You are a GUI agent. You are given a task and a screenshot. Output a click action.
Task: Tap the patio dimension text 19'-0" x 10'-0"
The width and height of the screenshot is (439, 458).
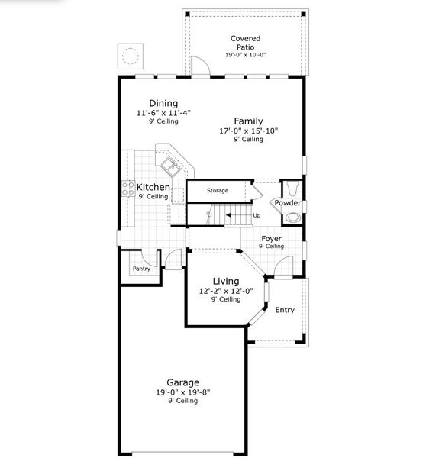(x=245, y=56)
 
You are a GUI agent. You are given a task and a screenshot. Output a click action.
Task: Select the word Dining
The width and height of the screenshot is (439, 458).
(x=163, y=103)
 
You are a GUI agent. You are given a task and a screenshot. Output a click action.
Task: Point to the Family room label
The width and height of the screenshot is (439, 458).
(x=248, y=121)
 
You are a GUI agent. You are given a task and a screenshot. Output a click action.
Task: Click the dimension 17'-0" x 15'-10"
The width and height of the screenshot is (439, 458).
(x=248, y=131)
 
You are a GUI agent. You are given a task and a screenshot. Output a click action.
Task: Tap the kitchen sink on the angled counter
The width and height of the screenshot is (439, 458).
(x=171, y=163)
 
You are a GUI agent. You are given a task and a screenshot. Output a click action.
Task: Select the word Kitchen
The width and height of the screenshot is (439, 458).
(x=153, y=187)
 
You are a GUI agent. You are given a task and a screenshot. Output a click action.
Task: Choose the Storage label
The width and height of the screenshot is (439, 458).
(x=218, y=190)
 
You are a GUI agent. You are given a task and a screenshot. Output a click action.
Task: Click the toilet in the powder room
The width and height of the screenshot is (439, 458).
(x=292, y=189)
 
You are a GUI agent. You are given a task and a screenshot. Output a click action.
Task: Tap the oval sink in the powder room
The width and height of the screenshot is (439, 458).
(x=292, y=217)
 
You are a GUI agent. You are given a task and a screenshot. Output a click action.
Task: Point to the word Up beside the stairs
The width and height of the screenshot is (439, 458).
(x=257, y=215)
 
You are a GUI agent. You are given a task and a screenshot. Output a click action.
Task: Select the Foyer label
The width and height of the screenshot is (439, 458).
(x=271, y=238)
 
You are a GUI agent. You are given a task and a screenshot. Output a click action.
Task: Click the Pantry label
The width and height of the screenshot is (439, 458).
(x=141, y=269)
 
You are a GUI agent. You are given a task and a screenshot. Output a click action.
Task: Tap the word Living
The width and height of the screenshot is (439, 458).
(x=225, y=281)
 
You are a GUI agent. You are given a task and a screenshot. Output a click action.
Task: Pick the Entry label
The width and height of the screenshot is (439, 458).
(x=284, y=310)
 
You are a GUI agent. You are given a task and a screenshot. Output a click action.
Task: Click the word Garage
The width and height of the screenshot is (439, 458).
(x=183, y=382)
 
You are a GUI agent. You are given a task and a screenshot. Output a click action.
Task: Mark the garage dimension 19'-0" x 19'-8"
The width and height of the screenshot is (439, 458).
(x=183, y=392)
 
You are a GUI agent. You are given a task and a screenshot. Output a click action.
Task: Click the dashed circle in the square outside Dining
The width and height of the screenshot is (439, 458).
(x=131, y=56)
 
